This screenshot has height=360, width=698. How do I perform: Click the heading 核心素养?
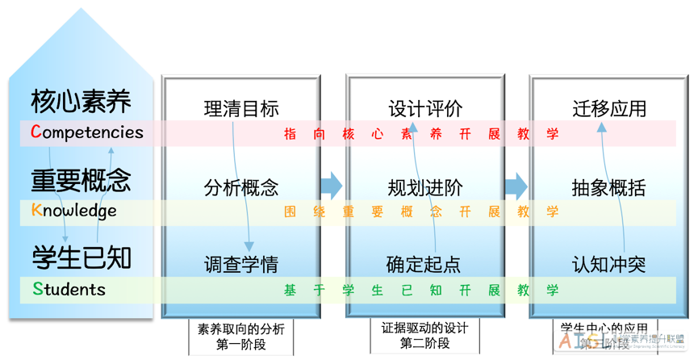pyautogui.click(x=81, y=102)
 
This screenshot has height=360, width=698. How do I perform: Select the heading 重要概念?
pyautogui.click(x=81, y=181)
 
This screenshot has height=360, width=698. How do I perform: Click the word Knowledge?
pyautogui.click(x=74, y=211)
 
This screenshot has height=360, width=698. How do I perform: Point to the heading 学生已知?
pyautogui.click(x=81, y=258)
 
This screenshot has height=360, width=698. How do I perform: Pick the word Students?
pyautogui.click(x=69, y=289)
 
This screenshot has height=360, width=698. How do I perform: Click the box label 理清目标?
pyautogui.click(x=241, y=109)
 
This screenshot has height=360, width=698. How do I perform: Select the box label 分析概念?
pyautogui.click(x=241, y=188)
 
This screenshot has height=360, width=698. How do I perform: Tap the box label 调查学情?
pyautogui.click(x=241, y=264)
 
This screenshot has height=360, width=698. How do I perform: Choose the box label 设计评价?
pyautogui.click(x=426, y=109)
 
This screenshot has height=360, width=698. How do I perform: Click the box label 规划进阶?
pyautogui.click(x=426, y=188)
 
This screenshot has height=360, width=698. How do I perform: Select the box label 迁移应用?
pyautogui.click(x=609, y=109)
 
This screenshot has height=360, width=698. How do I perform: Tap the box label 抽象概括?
pyautogui.click(x=609, y=188)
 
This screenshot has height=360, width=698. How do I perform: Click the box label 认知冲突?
pyautogui.click(x=609, y=264)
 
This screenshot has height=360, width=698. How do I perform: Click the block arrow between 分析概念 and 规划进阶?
pyautogui.click(x=331, y=186)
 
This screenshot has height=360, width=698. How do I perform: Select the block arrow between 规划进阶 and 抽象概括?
pyautogui.click(x=516, y=186)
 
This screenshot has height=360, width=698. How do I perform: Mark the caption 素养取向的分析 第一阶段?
pyautogui.click(x=241, y=337)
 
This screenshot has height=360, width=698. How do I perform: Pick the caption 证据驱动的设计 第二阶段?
pyautogui.click(x=424, y=336)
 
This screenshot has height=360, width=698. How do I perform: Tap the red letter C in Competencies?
pyautogui.click(x=36, y=132)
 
